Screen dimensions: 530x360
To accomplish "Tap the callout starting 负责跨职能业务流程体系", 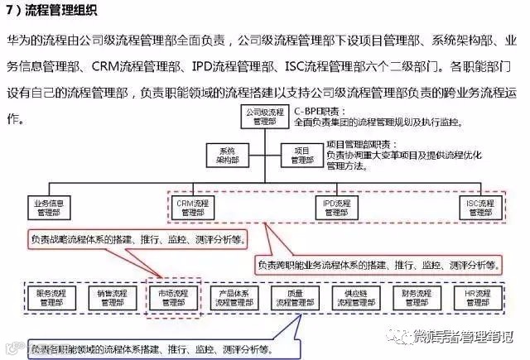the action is point(378,266).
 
